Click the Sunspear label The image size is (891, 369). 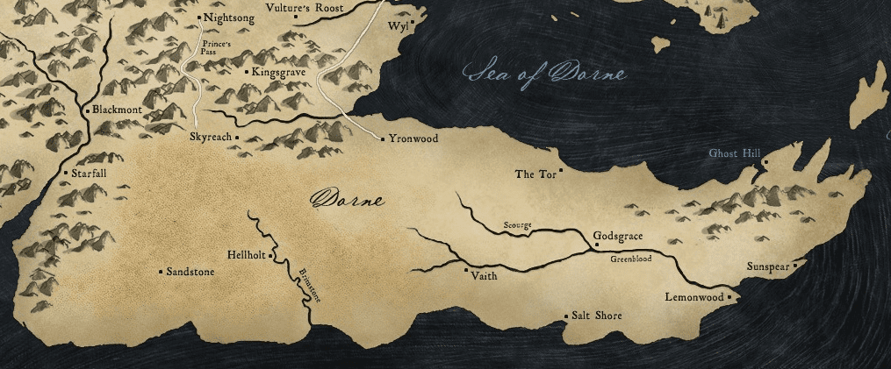pos(766,266)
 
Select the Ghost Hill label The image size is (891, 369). pos(734,154)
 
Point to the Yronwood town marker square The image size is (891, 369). pos(383,138)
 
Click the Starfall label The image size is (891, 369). pos(89,174)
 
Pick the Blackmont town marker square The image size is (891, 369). pos(86,111)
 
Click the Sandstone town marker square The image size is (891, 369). pos(160,272)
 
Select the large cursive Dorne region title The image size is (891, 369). pos(348,200)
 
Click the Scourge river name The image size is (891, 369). pos(517,225)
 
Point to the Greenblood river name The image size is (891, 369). pos(631,259)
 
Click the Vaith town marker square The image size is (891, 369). pos(466,270)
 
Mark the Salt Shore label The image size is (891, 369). pos(596,316)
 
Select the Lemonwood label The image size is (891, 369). pos(693,298)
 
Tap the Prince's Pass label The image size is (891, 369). pos(216,46)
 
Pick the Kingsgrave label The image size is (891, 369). pos(277,72)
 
